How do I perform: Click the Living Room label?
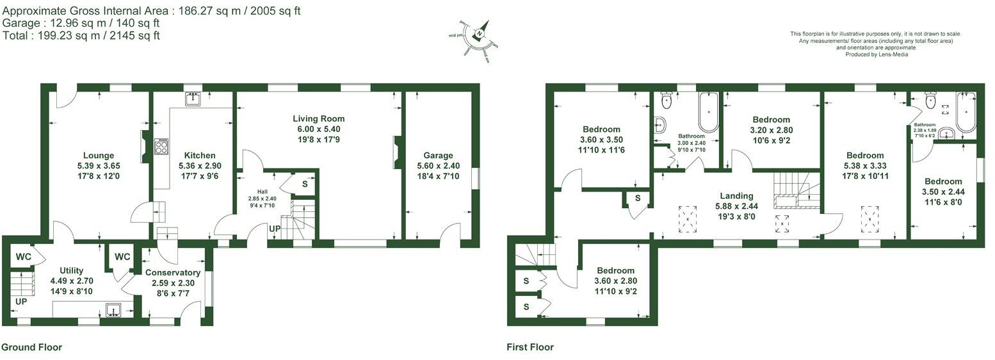point(318,119)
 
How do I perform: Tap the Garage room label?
point(438,155)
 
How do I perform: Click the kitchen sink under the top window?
point(193,99)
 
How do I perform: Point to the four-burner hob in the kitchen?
point(161,147)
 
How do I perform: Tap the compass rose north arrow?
point(480,32)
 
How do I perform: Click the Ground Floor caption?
point(32,347)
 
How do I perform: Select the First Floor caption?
point(530,347)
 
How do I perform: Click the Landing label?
point(736,196)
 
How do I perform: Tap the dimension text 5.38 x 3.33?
point(865,165)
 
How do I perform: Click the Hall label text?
point(262,191)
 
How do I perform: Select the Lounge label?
point(99,155)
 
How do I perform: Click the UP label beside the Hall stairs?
point(274,229)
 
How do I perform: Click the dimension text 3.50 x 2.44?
point(942,192)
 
